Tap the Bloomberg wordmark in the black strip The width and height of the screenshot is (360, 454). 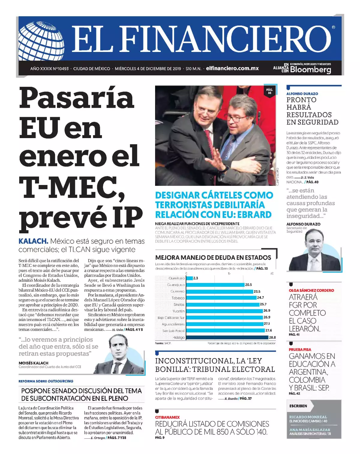tap(310, 70)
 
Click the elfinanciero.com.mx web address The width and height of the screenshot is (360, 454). tap(232, 68)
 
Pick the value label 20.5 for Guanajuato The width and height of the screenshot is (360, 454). tap(248, 285)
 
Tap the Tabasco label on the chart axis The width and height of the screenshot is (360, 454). tap(178, 298)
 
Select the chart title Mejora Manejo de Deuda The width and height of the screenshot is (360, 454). tap(213, 257)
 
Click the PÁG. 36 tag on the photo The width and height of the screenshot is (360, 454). tap(269, 91)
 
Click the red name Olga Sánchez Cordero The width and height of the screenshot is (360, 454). tap(311, 290)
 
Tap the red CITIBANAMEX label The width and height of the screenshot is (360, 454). tap(167, 417)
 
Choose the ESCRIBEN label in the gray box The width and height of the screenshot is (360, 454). tap(298, 406)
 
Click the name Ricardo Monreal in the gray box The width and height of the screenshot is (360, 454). tap(308, 417)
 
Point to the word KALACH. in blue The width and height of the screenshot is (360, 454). tap(33, 241)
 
